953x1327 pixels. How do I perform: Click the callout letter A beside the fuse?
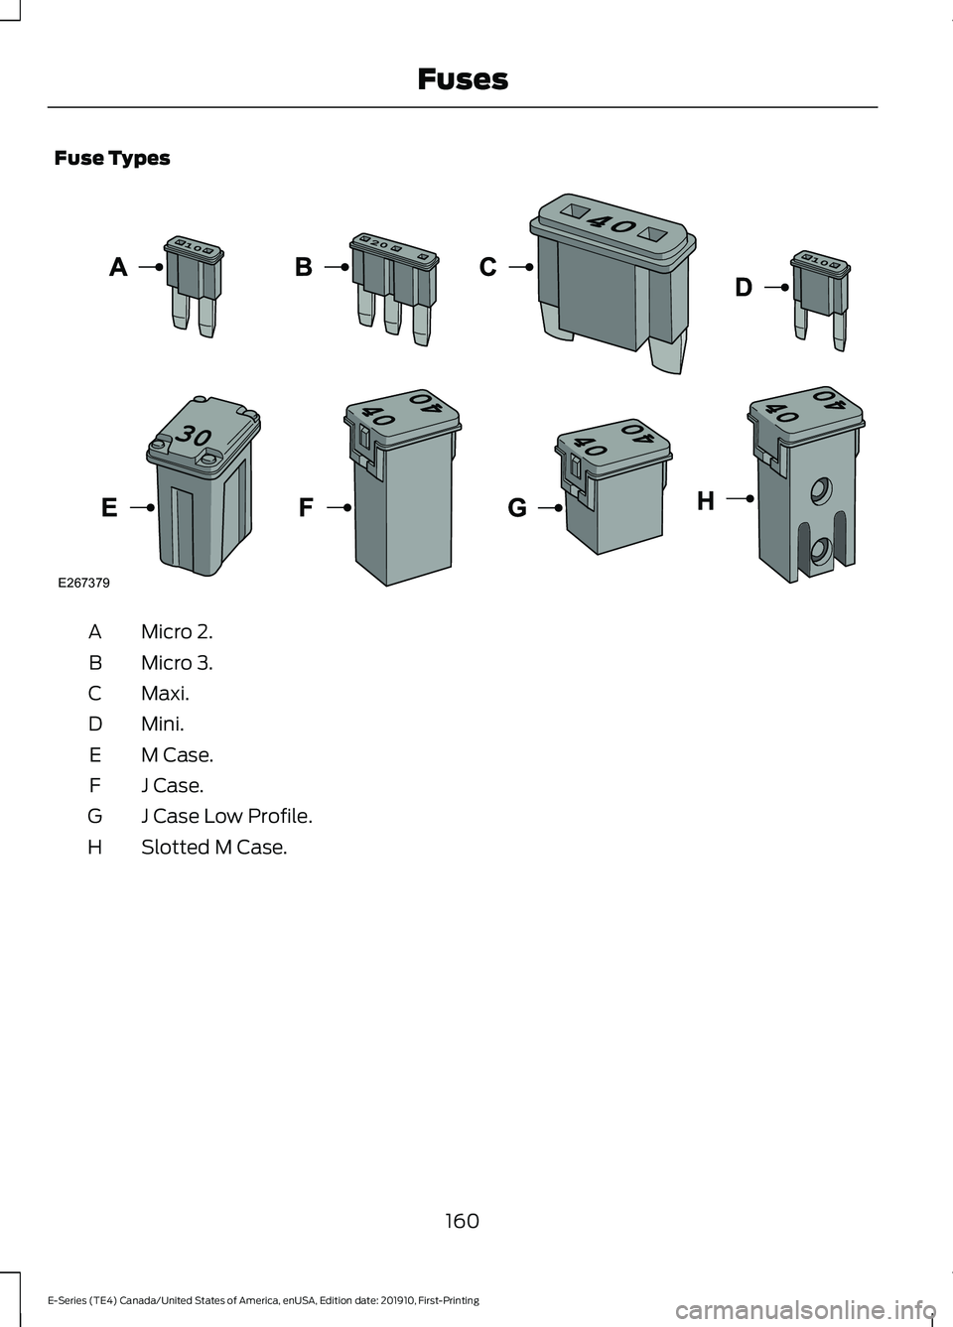[118, 267]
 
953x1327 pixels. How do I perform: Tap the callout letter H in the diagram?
[705, 501]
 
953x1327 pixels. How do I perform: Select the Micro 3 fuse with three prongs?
[395, 289]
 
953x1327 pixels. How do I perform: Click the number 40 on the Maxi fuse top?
[613, 224]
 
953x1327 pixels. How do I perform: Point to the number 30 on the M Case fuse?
[194, 437]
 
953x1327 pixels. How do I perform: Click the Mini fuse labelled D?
[820, 300]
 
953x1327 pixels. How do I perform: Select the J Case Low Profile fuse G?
[613, 485]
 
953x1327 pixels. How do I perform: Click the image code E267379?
[83, 583]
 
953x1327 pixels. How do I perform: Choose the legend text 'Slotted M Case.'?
[214, 848]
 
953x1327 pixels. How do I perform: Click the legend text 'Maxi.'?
[166, 693]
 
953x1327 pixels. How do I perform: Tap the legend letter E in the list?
[95, 754]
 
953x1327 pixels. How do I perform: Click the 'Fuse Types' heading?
[112, 158]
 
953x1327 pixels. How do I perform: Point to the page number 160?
[462, 1221]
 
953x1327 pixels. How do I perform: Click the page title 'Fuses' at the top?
[463, 79]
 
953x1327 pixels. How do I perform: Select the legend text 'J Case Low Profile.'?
[226, 816]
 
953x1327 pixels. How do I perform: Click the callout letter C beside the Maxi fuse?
[488, 267]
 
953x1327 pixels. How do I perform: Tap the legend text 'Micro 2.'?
[177, 632]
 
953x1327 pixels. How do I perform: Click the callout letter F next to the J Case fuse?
[306, 508]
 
